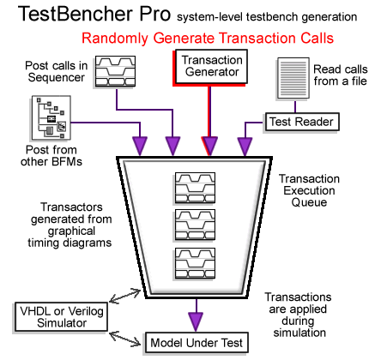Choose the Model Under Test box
198,343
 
